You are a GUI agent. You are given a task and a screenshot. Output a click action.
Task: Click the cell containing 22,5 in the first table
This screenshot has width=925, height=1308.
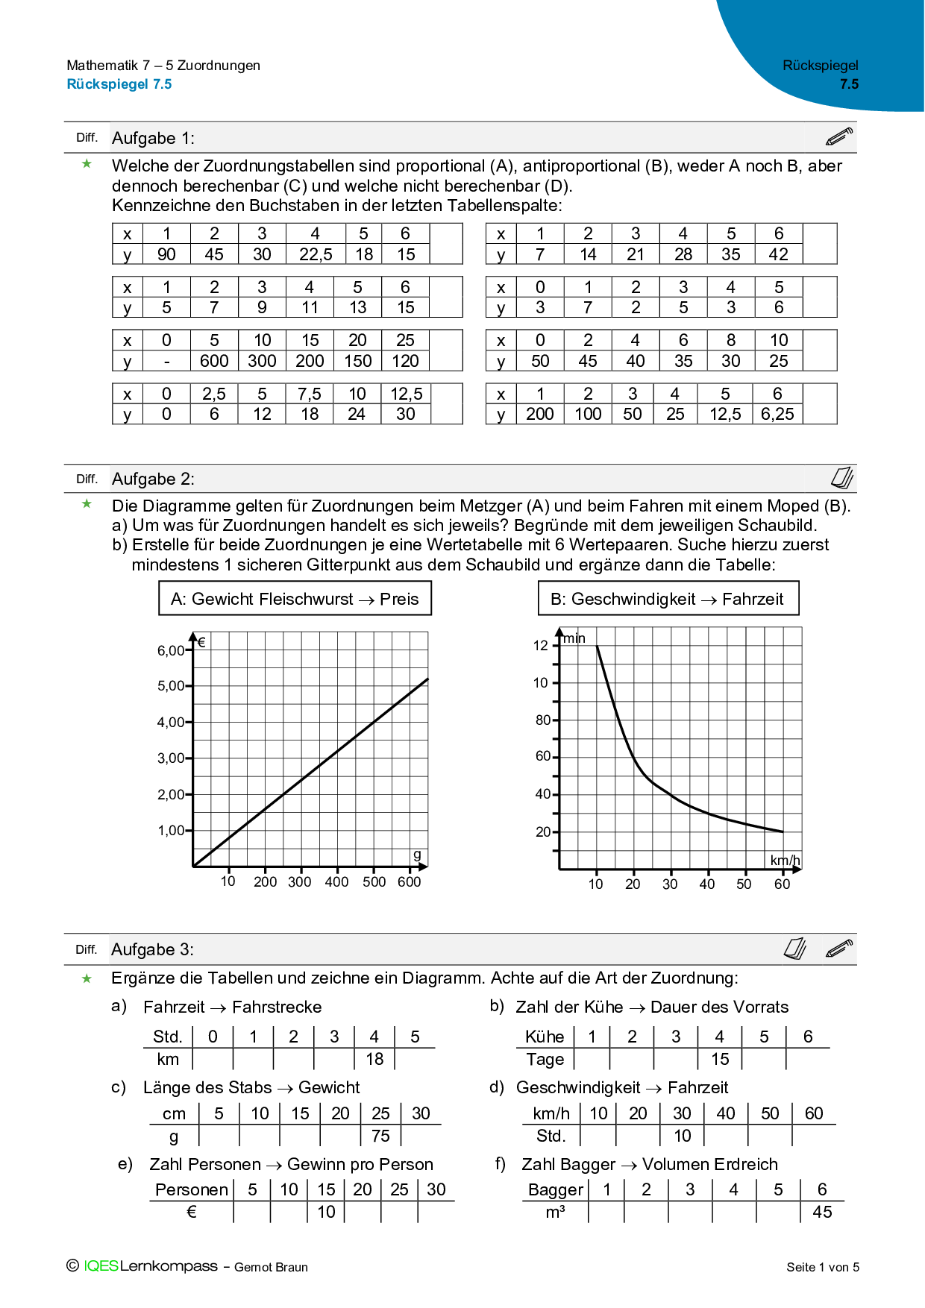click(x=316, y=254)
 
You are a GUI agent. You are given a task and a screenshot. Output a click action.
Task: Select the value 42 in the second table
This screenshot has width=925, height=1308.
click(x=778, y=254)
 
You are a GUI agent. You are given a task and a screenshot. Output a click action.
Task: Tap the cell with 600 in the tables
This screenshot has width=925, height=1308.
click(x=214, y=361)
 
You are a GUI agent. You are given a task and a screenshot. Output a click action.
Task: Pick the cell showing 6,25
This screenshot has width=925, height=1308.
click(x=777, y=415)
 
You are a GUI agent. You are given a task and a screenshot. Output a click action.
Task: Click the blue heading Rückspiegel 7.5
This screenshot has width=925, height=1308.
click(x=119, y=84)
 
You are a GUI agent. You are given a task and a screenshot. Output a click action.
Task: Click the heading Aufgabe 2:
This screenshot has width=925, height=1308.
click(x=153, y=479)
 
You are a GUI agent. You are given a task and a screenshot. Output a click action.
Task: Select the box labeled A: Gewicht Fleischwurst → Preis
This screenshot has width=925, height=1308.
click(x=295, y=599)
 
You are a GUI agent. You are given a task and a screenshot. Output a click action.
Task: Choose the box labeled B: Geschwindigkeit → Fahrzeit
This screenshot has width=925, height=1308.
click(x=668, y=599)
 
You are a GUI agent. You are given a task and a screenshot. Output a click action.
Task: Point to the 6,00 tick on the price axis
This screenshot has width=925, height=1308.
click(x=171, y=650)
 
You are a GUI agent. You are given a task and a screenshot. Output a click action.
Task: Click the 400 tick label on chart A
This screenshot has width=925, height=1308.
click(x=336, y=881)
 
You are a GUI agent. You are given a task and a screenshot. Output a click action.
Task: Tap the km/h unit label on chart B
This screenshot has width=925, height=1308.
click(x=785, y=861)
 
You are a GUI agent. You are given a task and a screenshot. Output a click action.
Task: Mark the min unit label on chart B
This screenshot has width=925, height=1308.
click(x=574, y=638)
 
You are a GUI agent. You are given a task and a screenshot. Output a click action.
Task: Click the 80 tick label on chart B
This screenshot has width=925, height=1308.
click(x=542, y=720)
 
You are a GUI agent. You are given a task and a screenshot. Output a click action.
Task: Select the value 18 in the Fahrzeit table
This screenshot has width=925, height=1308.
click(x=374, y=1059)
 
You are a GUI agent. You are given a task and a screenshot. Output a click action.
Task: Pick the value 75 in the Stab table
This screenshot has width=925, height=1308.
click(x=380, y=1136)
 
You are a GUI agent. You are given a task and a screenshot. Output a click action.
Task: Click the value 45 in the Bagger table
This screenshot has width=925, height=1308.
click(x=822, y=1212)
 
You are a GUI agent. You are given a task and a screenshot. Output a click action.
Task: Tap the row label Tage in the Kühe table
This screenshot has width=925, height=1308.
click(x=545, y=1059)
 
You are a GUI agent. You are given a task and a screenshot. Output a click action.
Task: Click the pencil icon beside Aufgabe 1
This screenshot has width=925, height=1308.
click(x=839, y=137)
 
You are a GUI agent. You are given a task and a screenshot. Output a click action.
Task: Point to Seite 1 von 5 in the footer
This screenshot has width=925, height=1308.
click(x=823, y=1267)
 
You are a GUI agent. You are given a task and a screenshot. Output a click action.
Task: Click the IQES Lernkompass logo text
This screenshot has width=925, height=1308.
click(x=150, y=1266)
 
